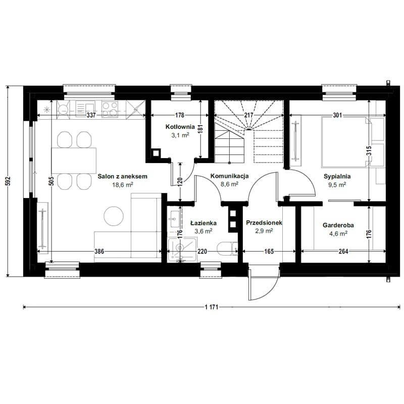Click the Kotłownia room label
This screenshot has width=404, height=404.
tap(180, 127)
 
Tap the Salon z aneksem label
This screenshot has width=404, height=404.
tap(122, 176)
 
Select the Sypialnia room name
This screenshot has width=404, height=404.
tap(337, 176)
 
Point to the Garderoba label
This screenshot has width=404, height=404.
tap(338, 225)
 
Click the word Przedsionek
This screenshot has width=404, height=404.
tap(264, 223)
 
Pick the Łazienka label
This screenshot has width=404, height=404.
tap(204, 223)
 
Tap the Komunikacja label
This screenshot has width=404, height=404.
tap(230, 176)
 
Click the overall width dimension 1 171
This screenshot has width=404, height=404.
tap(212, 307)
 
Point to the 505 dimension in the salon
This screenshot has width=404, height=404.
tap(51, 181)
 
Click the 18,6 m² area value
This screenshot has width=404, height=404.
tap(123, 184)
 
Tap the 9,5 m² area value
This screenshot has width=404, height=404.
tap(337, 184)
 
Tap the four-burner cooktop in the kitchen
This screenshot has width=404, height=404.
tap(110, 109)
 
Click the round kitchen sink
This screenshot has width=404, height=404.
tap(64, 110)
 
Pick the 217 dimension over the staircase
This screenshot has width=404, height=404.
tap(248, 115)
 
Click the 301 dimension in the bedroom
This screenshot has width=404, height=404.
tap(337, 115)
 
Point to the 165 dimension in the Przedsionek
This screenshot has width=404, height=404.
tap(269, 251)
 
